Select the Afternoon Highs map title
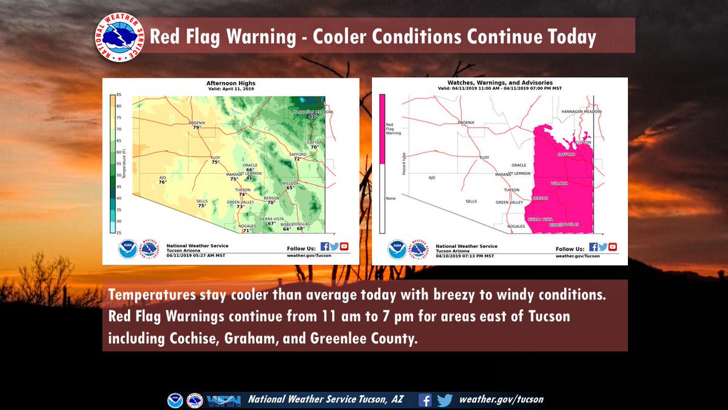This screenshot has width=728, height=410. pyautogui.click(x=231, y=83)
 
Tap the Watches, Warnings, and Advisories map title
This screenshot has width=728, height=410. pyautogui.click(x=500, y=83)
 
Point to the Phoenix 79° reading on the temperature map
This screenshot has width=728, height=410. pyautogui.click(x=197, y=125)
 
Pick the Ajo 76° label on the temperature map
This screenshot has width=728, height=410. pyautogui.click(x=162, y=180)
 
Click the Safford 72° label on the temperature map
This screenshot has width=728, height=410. pyautogui.click(x=298, y=157)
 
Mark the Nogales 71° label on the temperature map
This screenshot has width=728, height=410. pyautogui.click(x=246, y=228)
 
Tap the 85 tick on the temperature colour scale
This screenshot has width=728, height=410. pyautogui.click(x=120, y=95)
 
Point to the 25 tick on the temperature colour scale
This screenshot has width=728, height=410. pyautogui.click(x=120, y=233)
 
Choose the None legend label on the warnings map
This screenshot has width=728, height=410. pyautogui.click(x=390, y=199)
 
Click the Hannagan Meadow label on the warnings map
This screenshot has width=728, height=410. pyautogui.click(x=581, y=112)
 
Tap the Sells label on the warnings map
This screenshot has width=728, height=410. pyautogui.click(x=471, y=201)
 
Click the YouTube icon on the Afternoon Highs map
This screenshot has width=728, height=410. pyautogui.click(x=345, y=247)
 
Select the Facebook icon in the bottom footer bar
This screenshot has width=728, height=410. pyautogui.click(x=425, y=400)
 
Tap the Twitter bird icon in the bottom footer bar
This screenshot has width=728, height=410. pyautogui.click(x=445, y=400)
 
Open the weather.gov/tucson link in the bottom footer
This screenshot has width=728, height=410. pyautogui.click(x=501, y=400)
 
